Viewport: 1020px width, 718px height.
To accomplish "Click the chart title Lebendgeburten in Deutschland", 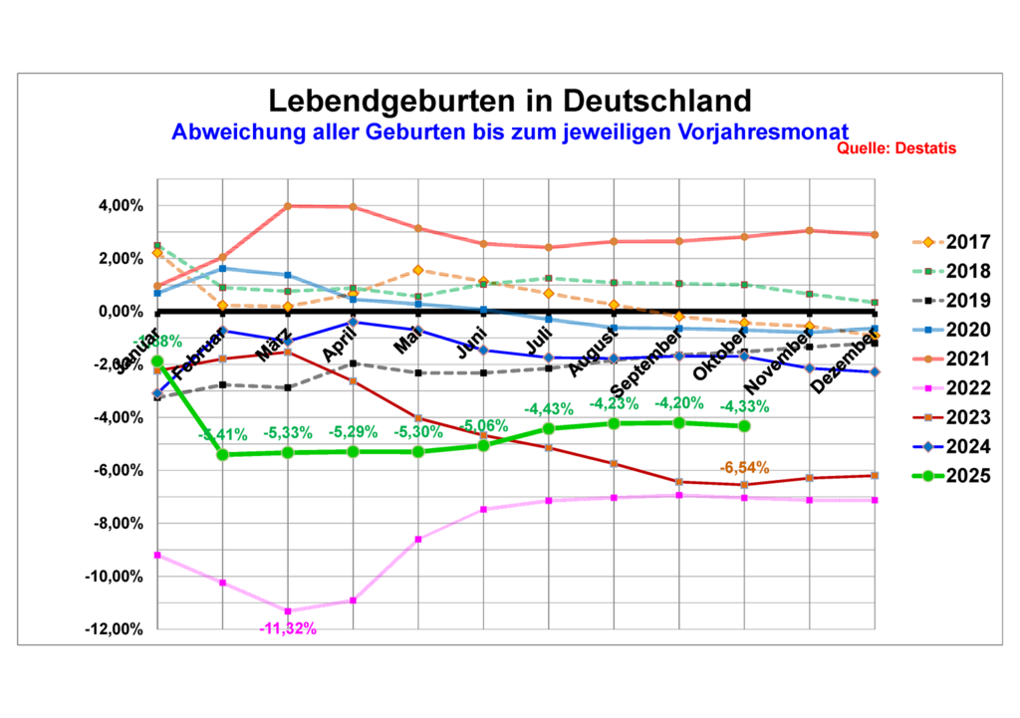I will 509,102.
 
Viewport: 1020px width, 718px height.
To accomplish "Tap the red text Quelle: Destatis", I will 896,148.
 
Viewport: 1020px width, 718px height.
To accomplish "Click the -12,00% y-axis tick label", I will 113,629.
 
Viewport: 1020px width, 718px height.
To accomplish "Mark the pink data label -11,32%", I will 287,628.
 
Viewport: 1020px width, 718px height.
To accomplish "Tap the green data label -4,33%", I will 744,405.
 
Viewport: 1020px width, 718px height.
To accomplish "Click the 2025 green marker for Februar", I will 222,454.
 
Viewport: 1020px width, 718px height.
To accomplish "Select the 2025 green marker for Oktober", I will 744,426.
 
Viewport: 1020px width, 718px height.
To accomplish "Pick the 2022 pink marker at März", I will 288,610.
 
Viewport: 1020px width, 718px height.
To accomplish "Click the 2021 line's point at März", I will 288,206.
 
